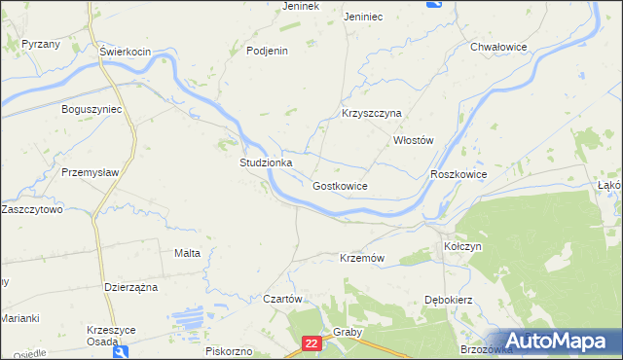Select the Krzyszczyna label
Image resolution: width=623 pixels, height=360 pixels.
(x=371, y=113)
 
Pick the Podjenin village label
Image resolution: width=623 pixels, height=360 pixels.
(x=268, y=52)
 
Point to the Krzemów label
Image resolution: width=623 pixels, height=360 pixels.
(x=363, y=258)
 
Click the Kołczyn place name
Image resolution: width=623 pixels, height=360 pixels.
(x=462, y=247)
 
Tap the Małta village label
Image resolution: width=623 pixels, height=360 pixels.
(x=187, y=253)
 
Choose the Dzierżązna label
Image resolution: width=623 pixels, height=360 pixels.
(x=130, y=287)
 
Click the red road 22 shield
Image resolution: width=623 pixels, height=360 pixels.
(x=311, y=343)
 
